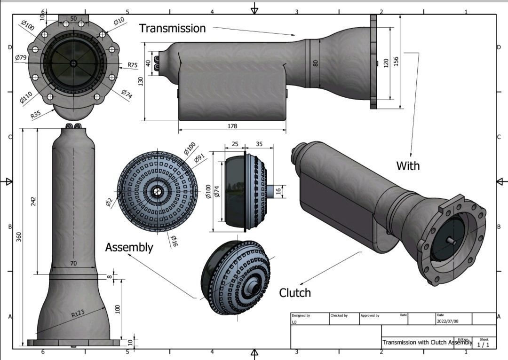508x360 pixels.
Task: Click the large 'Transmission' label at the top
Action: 172,28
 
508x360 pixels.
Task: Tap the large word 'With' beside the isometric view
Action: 408,166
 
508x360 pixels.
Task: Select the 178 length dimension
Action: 232,126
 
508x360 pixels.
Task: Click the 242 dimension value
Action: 33,201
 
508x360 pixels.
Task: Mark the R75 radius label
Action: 133,65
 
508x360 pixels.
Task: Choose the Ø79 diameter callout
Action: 21,58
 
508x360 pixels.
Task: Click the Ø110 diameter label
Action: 26,98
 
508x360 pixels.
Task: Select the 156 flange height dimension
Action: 396,61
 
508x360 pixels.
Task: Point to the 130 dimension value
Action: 140,81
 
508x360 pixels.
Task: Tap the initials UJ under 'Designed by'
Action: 294,322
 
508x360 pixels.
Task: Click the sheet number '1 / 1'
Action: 483,344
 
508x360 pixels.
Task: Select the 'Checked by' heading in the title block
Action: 339,315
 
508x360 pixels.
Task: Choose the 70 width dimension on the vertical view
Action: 73,264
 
